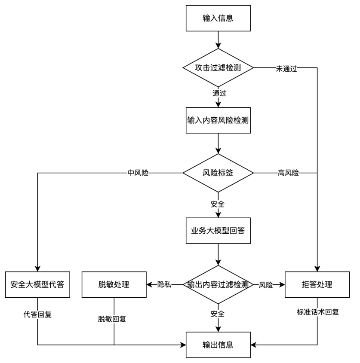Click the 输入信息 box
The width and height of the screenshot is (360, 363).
[x=218, y=18]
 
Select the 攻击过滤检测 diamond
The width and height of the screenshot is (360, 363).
[x=218, y=68]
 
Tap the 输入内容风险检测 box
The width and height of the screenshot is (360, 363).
[x=218, y=120]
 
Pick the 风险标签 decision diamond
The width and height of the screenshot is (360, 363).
[x=218, y=173]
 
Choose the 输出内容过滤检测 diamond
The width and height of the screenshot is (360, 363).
[x=218, y=284]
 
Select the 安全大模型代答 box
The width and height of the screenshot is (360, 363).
[x=37, y=284]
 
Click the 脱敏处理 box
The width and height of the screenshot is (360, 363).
[x=114, y=284]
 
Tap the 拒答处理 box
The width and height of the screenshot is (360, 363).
[x=317, y=284]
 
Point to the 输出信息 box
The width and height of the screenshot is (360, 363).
[x=218, y=345]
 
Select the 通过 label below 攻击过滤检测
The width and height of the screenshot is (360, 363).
[x=219, y=93]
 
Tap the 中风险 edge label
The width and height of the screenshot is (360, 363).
[x=138, y=173]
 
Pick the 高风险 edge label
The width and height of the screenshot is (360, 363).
[x=288, y=173]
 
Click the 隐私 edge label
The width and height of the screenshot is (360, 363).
[x=164, y=284]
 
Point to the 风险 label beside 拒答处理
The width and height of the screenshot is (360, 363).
[x=266, y=284]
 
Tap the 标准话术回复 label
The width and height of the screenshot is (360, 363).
[x=317, y=312]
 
